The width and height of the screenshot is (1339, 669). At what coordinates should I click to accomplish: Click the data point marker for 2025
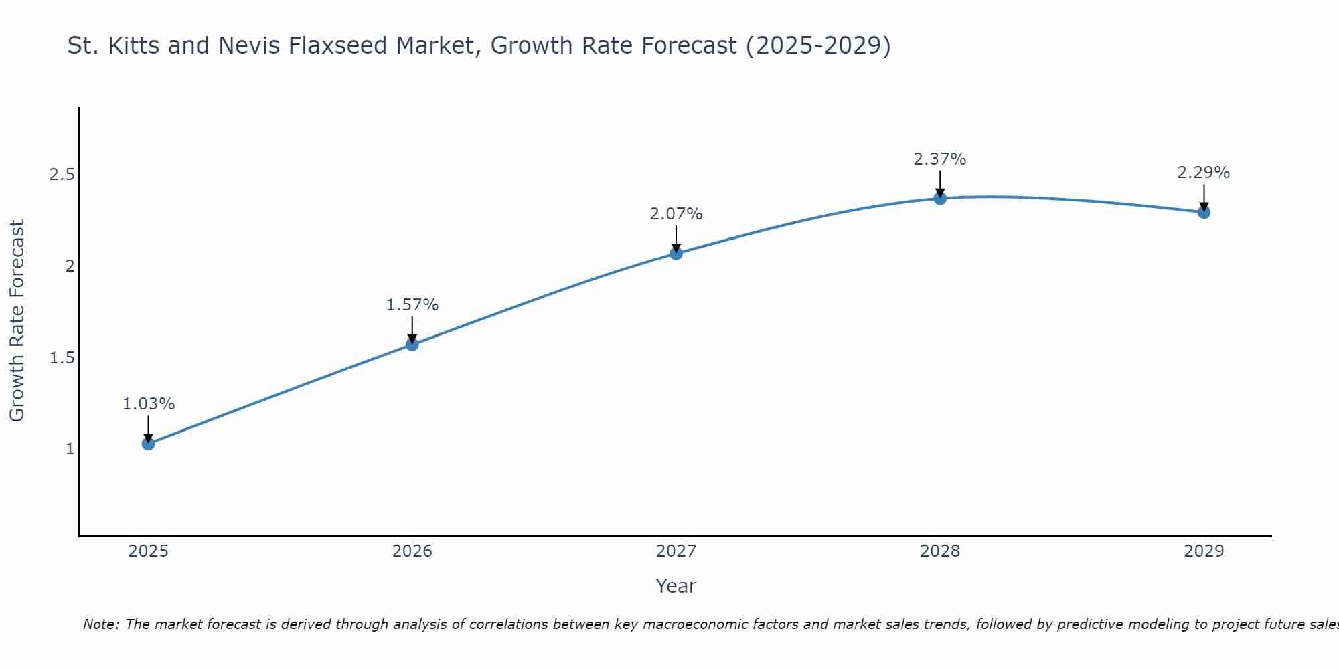point(149,444)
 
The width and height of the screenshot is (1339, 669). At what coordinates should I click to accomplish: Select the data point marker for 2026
point(412,345)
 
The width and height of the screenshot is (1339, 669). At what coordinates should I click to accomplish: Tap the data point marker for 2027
point(676,254)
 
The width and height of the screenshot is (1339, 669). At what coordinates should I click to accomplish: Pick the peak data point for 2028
point(940,199)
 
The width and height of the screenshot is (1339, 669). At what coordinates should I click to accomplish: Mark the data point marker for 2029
point(1204,213)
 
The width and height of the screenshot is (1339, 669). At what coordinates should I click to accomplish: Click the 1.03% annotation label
point(149,404)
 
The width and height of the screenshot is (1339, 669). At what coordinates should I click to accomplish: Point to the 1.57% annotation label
point(412,305)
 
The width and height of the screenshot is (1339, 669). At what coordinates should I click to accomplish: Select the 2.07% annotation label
point(676,214)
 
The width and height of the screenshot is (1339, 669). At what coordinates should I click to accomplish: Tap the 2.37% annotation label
point(940,159)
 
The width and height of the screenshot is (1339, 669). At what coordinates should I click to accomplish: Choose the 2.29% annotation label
point(1204,173)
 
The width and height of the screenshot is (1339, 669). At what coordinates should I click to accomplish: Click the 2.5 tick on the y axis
point(62,175)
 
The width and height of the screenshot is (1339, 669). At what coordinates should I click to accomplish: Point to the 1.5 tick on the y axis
point(62,358)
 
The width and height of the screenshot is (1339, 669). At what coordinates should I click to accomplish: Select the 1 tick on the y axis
point(70,449)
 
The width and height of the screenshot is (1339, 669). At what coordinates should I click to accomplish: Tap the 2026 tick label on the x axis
point(412,551)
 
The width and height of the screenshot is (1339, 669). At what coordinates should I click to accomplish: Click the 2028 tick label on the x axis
point(940,551)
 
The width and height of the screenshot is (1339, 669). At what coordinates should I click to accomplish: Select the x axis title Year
point(676,586)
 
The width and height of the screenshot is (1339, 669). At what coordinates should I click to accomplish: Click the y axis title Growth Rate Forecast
point(17,321)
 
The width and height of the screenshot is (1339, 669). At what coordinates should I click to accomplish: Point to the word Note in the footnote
point(100,624)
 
